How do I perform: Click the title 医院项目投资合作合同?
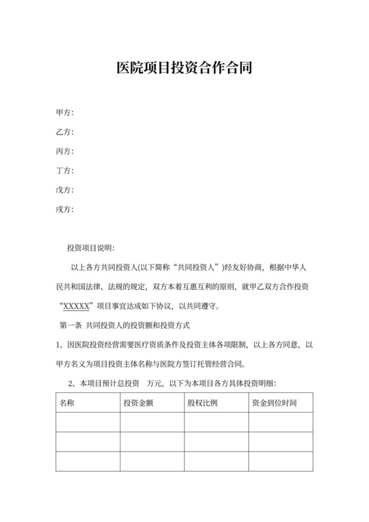(x=184, y=68)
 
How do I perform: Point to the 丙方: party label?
(x=65, y=151)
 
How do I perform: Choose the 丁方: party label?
(x=65, y=171)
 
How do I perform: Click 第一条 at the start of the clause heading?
(x=71, y=325)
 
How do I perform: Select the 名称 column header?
(x=67, y=403)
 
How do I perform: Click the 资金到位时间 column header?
(x=273, y=403)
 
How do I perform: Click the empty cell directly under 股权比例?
(x=215, y=422)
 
